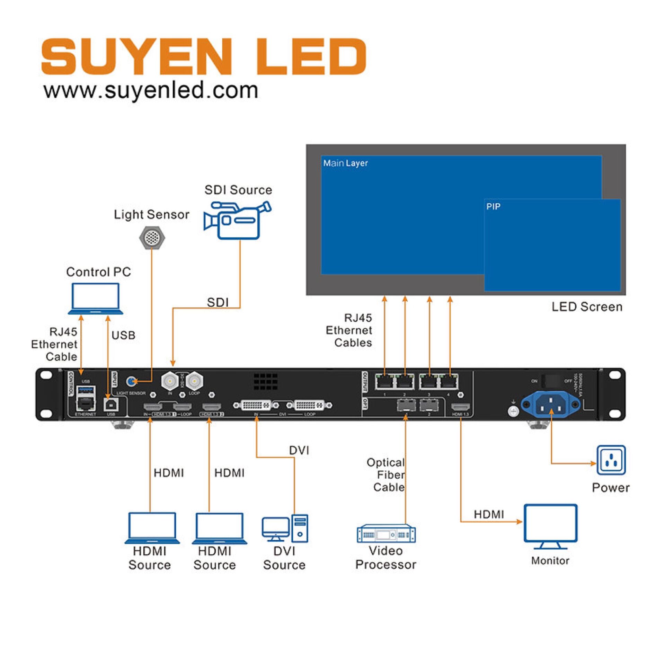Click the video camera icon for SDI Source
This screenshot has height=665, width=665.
click(237, 221)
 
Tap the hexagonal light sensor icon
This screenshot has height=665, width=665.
click(152, 238)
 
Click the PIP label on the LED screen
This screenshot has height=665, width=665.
click(493, 207)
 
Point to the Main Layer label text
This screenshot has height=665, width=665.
click(345, 163)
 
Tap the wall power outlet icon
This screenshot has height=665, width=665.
click(611, 460)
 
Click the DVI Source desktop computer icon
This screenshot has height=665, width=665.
click(285, 528)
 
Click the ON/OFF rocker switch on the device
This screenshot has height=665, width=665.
click(551, 381)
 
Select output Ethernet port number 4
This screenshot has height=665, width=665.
click(449, 382)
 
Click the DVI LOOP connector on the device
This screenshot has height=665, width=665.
click(309, 405)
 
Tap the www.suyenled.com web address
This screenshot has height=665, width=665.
click(151, 90)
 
